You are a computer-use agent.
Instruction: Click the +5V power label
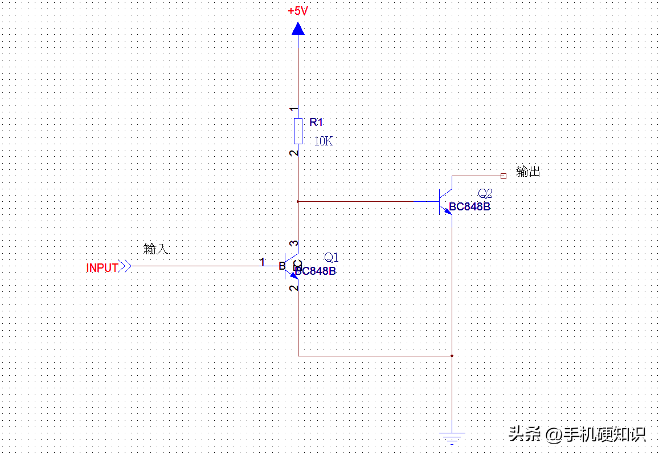coord(298,11)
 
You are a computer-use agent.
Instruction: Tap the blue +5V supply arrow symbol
coord(298,29)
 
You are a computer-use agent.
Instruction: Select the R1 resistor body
coord(298,131)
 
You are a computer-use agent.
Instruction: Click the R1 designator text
coord(316,122)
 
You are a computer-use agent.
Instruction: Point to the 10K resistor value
coord(323,141)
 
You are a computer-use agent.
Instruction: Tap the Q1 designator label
coord(331,257)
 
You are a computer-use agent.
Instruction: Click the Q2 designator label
coord(485,193)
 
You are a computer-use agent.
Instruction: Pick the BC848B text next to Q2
coord(469,207)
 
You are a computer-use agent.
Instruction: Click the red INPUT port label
coord(102,268)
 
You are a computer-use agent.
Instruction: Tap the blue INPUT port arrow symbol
coord(126,266)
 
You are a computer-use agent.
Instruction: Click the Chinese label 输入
coord(156,249)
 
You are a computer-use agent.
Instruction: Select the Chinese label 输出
coord(528,171)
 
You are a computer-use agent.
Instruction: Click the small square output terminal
coord(503,176)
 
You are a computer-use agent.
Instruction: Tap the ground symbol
coord(452,438)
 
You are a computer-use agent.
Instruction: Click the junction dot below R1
coord(298,201)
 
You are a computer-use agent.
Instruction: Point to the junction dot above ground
coord(452,356)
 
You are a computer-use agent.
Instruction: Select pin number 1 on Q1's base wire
coord(263,262)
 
